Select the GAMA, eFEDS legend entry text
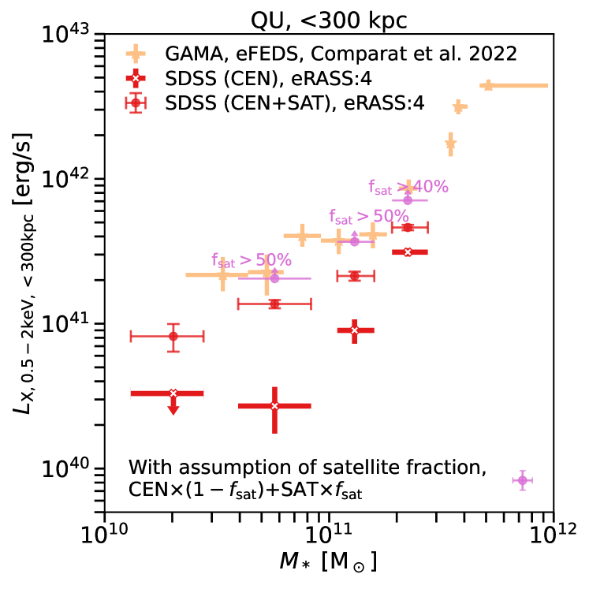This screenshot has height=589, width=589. tap(341, 54)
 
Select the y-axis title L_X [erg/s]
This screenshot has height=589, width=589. tap(23, 272)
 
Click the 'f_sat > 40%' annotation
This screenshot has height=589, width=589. tap(408, 187)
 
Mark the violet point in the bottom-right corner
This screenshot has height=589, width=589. tap(522, 480)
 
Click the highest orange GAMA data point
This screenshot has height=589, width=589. tap(488, 85)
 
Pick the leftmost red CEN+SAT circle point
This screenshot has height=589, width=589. tap(173, 337)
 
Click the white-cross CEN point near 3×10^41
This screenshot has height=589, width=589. tap(408, 252)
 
